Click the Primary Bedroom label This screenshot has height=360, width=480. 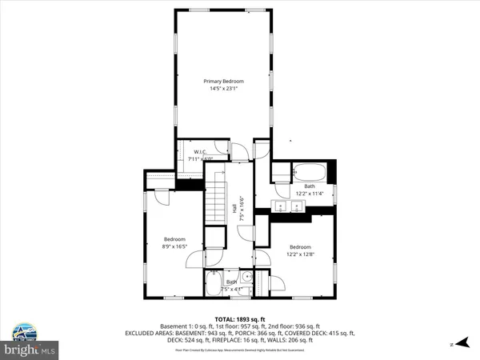click(x=222, y=81)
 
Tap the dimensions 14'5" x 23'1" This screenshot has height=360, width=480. click(x=222, y=89)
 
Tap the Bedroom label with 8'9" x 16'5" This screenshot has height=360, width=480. click(x=174, y=239)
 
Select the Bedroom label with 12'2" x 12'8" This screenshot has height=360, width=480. click(x=299, y=246)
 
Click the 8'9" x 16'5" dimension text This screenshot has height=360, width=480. click(x=174, y=247)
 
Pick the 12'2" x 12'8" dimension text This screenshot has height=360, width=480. click(x=299, y=254)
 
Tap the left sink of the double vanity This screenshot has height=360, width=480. click(x=281, y=206)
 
